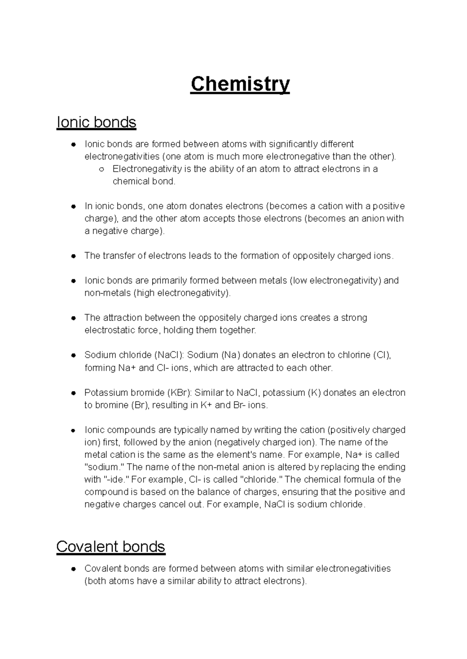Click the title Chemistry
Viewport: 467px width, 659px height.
pos(240,84)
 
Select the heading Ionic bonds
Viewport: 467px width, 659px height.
pos(96,122)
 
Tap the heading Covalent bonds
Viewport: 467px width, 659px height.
pos(111,547)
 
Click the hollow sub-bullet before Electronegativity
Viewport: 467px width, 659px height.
pos(101,170)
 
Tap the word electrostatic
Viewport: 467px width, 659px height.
pos(110,330)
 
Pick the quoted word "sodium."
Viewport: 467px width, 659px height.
pos(103,467)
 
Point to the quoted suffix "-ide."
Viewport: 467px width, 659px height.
pos(117,479)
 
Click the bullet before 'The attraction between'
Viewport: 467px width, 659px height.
pos(73,318)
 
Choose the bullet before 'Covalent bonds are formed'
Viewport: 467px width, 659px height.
pos(73,569)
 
